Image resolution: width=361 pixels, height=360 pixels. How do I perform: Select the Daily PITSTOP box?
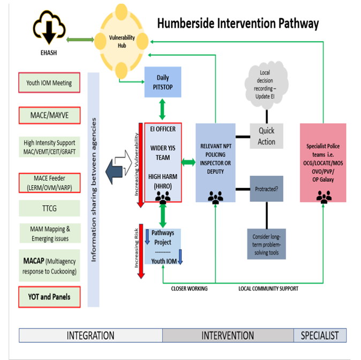click(x=163, y=82)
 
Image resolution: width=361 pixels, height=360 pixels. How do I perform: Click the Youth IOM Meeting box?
click(x=49, y=83)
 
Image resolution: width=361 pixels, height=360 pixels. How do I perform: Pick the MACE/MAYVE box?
click(x=49, y=115)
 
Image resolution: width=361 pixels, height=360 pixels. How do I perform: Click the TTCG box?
click(x=49, y=208)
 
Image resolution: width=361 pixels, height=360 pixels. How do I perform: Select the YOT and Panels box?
click(x=49, y=296)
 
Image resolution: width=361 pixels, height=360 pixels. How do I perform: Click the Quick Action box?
click(x=266, y=136)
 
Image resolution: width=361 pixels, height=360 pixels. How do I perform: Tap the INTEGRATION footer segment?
click(x=91, y=335)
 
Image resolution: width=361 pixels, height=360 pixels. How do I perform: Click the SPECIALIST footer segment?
click(x=319, y=335)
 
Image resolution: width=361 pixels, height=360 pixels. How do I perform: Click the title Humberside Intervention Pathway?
click(x=237, y=24)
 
